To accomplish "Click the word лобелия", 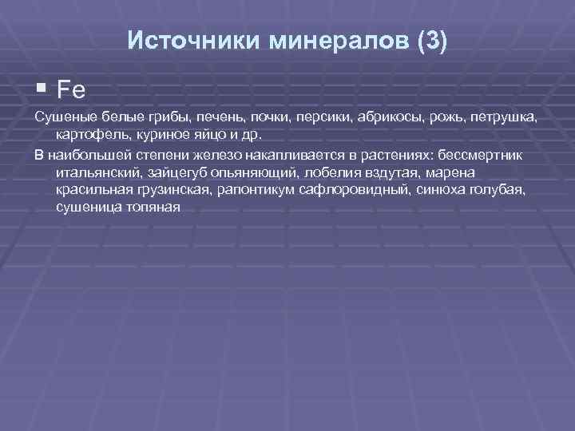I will tap(323, 172).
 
